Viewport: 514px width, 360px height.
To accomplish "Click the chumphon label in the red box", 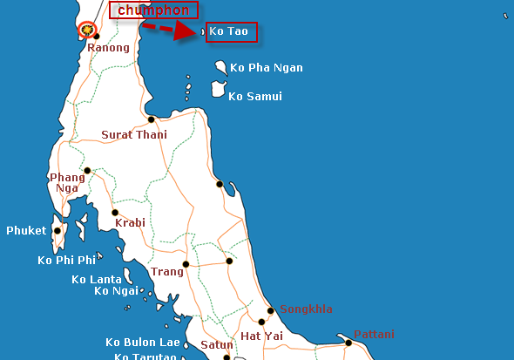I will click(x=153, y=10).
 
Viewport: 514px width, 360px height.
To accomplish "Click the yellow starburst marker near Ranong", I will click(x=86, y=30).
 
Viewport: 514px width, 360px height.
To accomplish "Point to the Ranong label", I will click(x=108, y=48).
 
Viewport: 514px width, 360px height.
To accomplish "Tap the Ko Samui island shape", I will click(x=218, y=89).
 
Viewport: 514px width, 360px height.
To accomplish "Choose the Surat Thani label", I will click(x=134, y=135).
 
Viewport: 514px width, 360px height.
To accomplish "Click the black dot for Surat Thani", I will click(x=152, y=119).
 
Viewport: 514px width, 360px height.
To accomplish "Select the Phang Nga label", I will click(x=68, y=182).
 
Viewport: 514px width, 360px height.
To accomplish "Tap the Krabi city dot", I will click(x=114, y=212).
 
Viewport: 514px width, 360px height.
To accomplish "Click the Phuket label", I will click(x=26, y=231).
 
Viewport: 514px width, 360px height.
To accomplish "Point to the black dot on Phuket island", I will click(x=57, y=231).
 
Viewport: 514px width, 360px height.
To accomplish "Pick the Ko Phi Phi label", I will click(x=66, y=260).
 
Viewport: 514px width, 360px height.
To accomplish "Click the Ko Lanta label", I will click(x=97, y=280).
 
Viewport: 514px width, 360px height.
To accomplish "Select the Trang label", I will click(x=167, y=272).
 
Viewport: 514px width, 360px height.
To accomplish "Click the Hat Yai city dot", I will click(x=261, y=322).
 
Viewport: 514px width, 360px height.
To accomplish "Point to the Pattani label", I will click(x=374, y=335).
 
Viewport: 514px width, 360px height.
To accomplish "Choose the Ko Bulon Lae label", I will click(x=143, y=343).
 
